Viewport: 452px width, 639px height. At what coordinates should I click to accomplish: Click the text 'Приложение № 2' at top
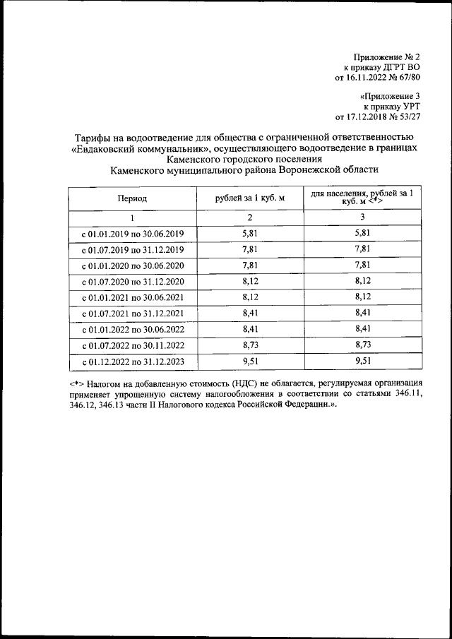tap(389, 56)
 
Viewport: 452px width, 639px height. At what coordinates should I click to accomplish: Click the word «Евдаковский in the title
tap(105, 148)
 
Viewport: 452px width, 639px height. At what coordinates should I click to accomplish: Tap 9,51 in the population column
tap(362, 363)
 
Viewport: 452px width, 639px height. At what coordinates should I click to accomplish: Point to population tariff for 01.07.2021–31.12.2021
tap(362, 314)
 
